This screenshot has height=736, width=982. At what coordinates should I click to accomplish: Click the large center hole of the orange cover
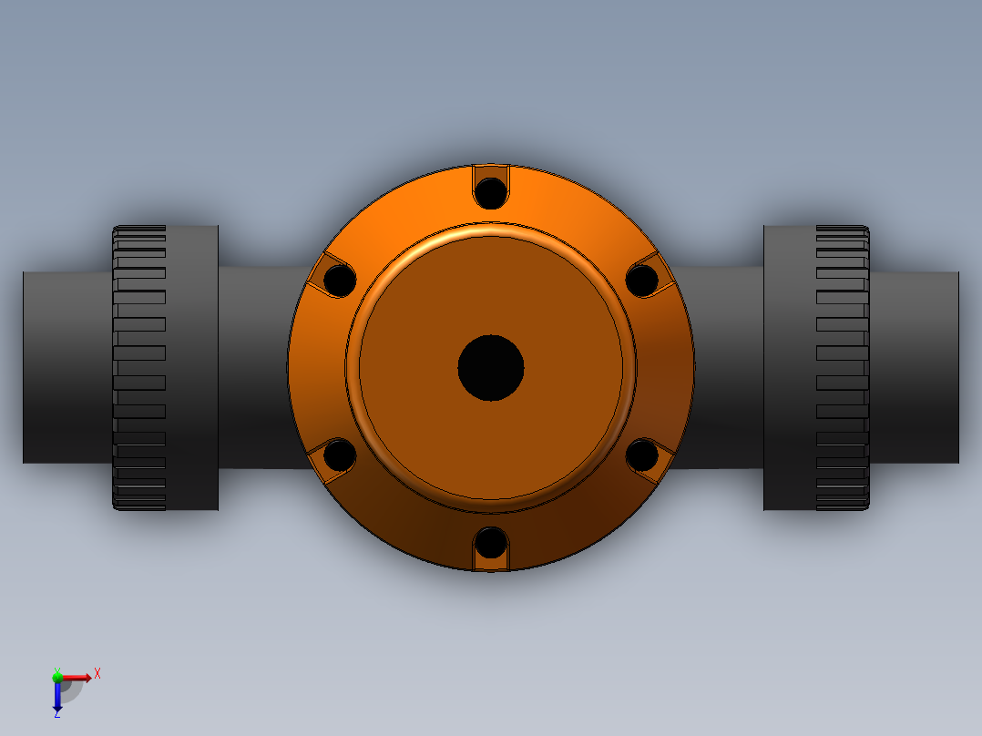(x=491, y=368)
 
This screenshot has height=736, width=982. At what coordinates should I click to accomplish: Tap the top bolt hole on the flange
(x=491, y=192)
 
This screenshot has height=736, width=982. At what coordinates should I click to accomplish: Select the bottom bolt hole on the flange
(x=491, y=543)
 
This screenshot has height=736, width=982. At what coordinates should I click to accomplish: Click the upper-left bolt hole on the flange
(x=340, y=281)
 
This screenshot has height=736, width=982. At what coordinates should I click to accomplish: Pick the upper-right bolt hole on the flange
(x=642, y=281)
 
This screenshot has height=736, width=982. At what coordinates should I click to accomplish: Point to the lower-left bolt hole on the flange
(x=340, y=455)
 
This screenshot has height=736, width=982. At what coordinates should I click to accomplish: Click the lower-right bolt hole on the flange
(x=642, y=455)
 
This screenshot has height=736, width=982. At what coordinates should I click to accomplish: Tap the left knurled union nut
(x=139, y=368)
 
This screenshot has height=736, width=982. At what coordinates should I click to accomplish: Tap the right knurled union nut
(x=842, y=368)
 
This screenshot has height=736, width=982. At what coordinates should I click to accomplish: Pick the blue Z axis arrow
(x=57, y=697)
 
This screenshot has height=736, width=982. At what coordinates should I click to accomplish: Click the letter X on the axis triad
(x=97, y=674)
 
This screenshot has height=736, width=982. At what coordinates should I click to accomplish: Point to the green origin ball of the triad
(x=57, y=677)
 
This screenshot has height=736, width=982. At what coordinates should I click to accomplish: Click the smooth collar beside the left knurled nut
(x=192, y=368)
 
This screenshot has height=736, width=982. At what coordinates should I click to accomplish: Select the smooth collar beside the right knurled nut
(x=789, y=368)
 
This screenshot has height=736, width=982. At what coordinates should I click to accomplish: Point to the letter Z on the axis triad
(x=56, y=714)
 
